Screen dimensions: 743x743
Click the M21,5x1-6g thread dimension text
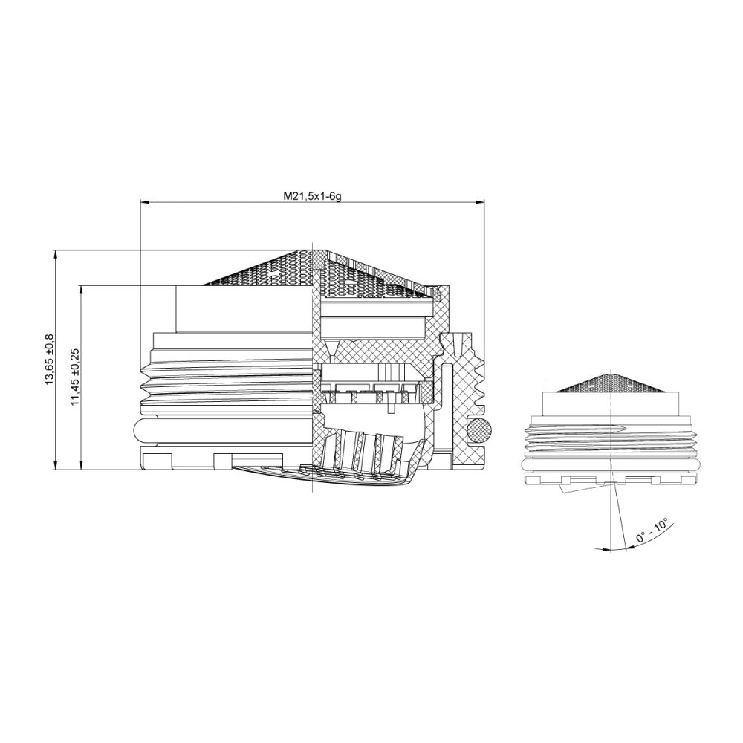coord(311,195)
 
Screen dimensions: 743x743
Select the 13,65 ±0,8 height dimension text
coord(50,358)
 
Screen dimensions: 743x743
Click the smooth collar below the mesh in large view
coord(245,309)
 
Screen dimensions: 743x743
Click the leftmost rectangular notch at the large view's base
coord(158,461)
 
